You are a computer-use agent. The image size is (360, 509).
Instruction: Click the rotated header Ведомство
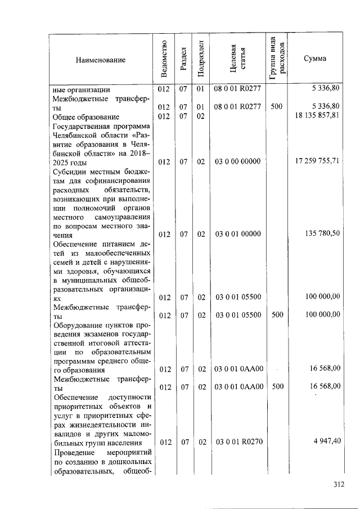(163, 58)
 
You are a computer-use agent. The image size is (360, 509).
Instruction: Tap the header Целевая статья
(238, 58)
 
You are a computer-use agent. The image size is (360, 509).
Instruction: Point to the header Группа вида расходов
(277, 58)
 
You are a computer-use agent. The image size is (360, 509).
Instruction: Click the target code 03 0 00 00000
(237, 162)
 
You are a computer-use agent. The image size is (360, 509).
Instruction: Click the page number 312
(337, 485)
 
